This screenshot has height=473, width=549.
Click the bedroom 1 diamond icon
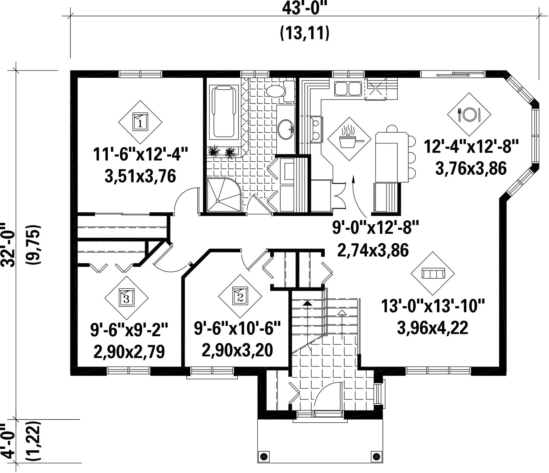(x=140, y=122)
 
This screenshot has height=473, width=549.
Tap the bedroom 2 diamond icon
(x=240, y=296)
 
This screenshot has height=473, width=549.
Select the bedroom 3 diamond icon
(x=126, y=298)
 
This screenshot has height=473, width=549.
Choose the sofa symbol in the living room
(x=432, y=273)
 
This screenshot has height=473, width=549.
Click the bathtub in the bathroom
(x=226, y=113)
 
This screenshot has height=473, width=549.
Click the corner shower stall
(x=224, y=195)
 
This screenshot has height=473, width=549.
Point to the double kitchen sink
(x=348, y=88)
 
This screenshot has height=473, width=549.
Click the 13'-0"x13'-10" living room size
(x=433, y=306)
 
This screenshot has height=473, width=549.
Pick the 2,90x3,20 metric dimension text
(x=237, y=350)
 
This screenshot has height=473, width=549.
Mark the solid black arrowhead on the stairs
(x=308, y=303)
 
